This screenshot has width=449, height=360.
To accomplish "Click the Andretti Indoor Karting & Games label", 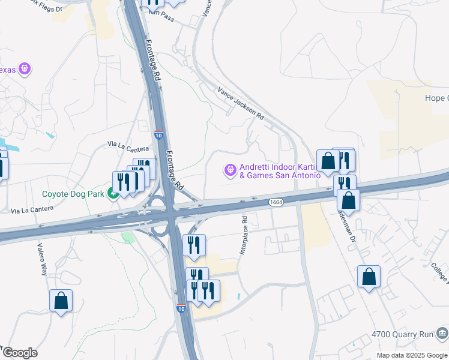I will pyautogui.click(x=280, y=171).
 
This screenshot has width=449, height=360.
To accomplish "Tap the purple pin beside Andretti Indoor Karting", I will pyautogui.click(x=230, y=171).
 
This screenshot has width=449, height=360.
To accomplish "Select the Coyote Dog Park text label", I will pyautogui.click(x=73, y=194).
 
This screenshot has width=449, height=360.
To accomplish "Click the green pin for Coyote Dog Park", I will pyautogui.click(x=112, y=193).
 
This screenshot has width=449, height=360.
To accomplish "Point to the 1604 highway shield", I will pyautogui.click(x=276, y=203).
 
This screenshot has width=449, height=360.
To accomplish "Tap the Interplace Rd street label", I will pyautogui.click(x=244, y=235).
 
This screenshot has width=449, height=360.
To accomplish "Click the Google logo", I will pyautogui.click(x=20, y=353).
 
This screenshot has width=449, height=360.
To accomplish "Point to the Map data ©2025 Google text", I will pyautogui.click(x=411, y=355).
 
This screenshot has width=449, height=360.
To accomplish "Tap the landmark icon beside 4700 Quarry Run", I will pyautogui.click(x=442, y=332).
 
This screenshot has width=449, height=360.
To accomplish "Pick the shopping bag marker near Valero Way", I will pyautogui.click(x=61, y=300).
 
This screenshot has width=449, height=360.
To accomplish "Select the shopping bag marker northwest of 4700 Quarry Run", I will pyautogui.click(x=369, y=277).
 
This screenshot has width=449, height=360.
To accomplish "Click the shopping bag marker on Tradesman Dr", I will pyautogui.click(x=348, y=200).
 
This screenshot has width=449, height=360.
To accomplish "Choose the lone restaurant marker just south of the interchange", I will pyautogui.click(x=194, y=245).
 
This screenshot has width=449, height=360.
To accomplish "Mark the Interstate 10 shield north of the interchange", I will pyautogui.click(x=158, y=135).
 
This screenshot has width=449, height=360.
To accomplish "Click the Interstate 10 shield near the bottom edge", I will pyautogui.click(x=181, y=308).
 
